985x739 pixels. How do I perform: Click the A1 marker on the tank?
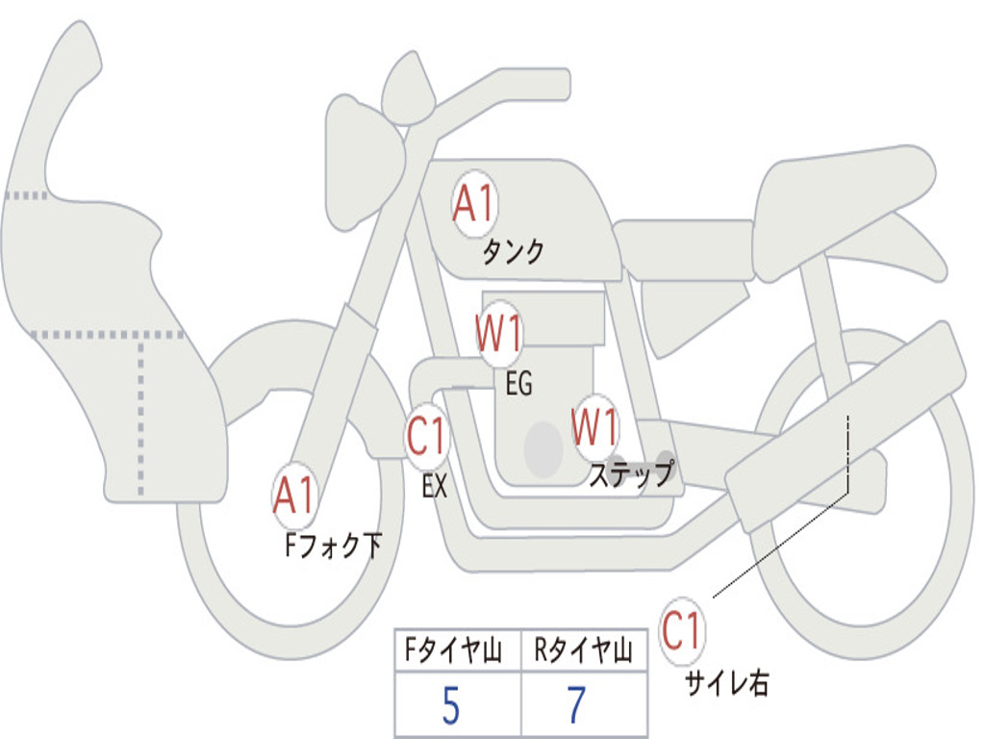[x=473, y=204]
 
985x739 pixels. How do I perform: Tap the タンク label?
[x=513, y=252]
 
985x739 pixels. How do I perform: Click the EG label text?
[x=518, y=385]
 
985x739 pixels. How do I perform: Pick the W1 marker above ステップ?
[x=594, y=427]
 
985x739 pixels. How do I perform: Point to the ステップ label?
[x=631, y=475]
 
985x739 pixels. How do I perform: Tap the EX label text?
[x=435, y=487]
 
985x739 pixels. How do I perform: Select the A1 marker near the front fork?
[x=294, y=497]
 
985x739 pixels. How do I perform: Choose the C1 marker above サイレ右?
[x=682, y=632]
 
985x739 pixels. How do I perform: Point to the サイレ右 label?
[x=726, y=683]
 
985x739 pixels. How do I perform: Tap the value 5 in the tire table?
[x=450, y=707]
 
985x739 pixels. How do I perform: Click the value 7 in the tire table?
[x=576, y=707]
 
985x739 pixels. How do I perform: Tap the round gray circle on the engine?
[x=543, y=448]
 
